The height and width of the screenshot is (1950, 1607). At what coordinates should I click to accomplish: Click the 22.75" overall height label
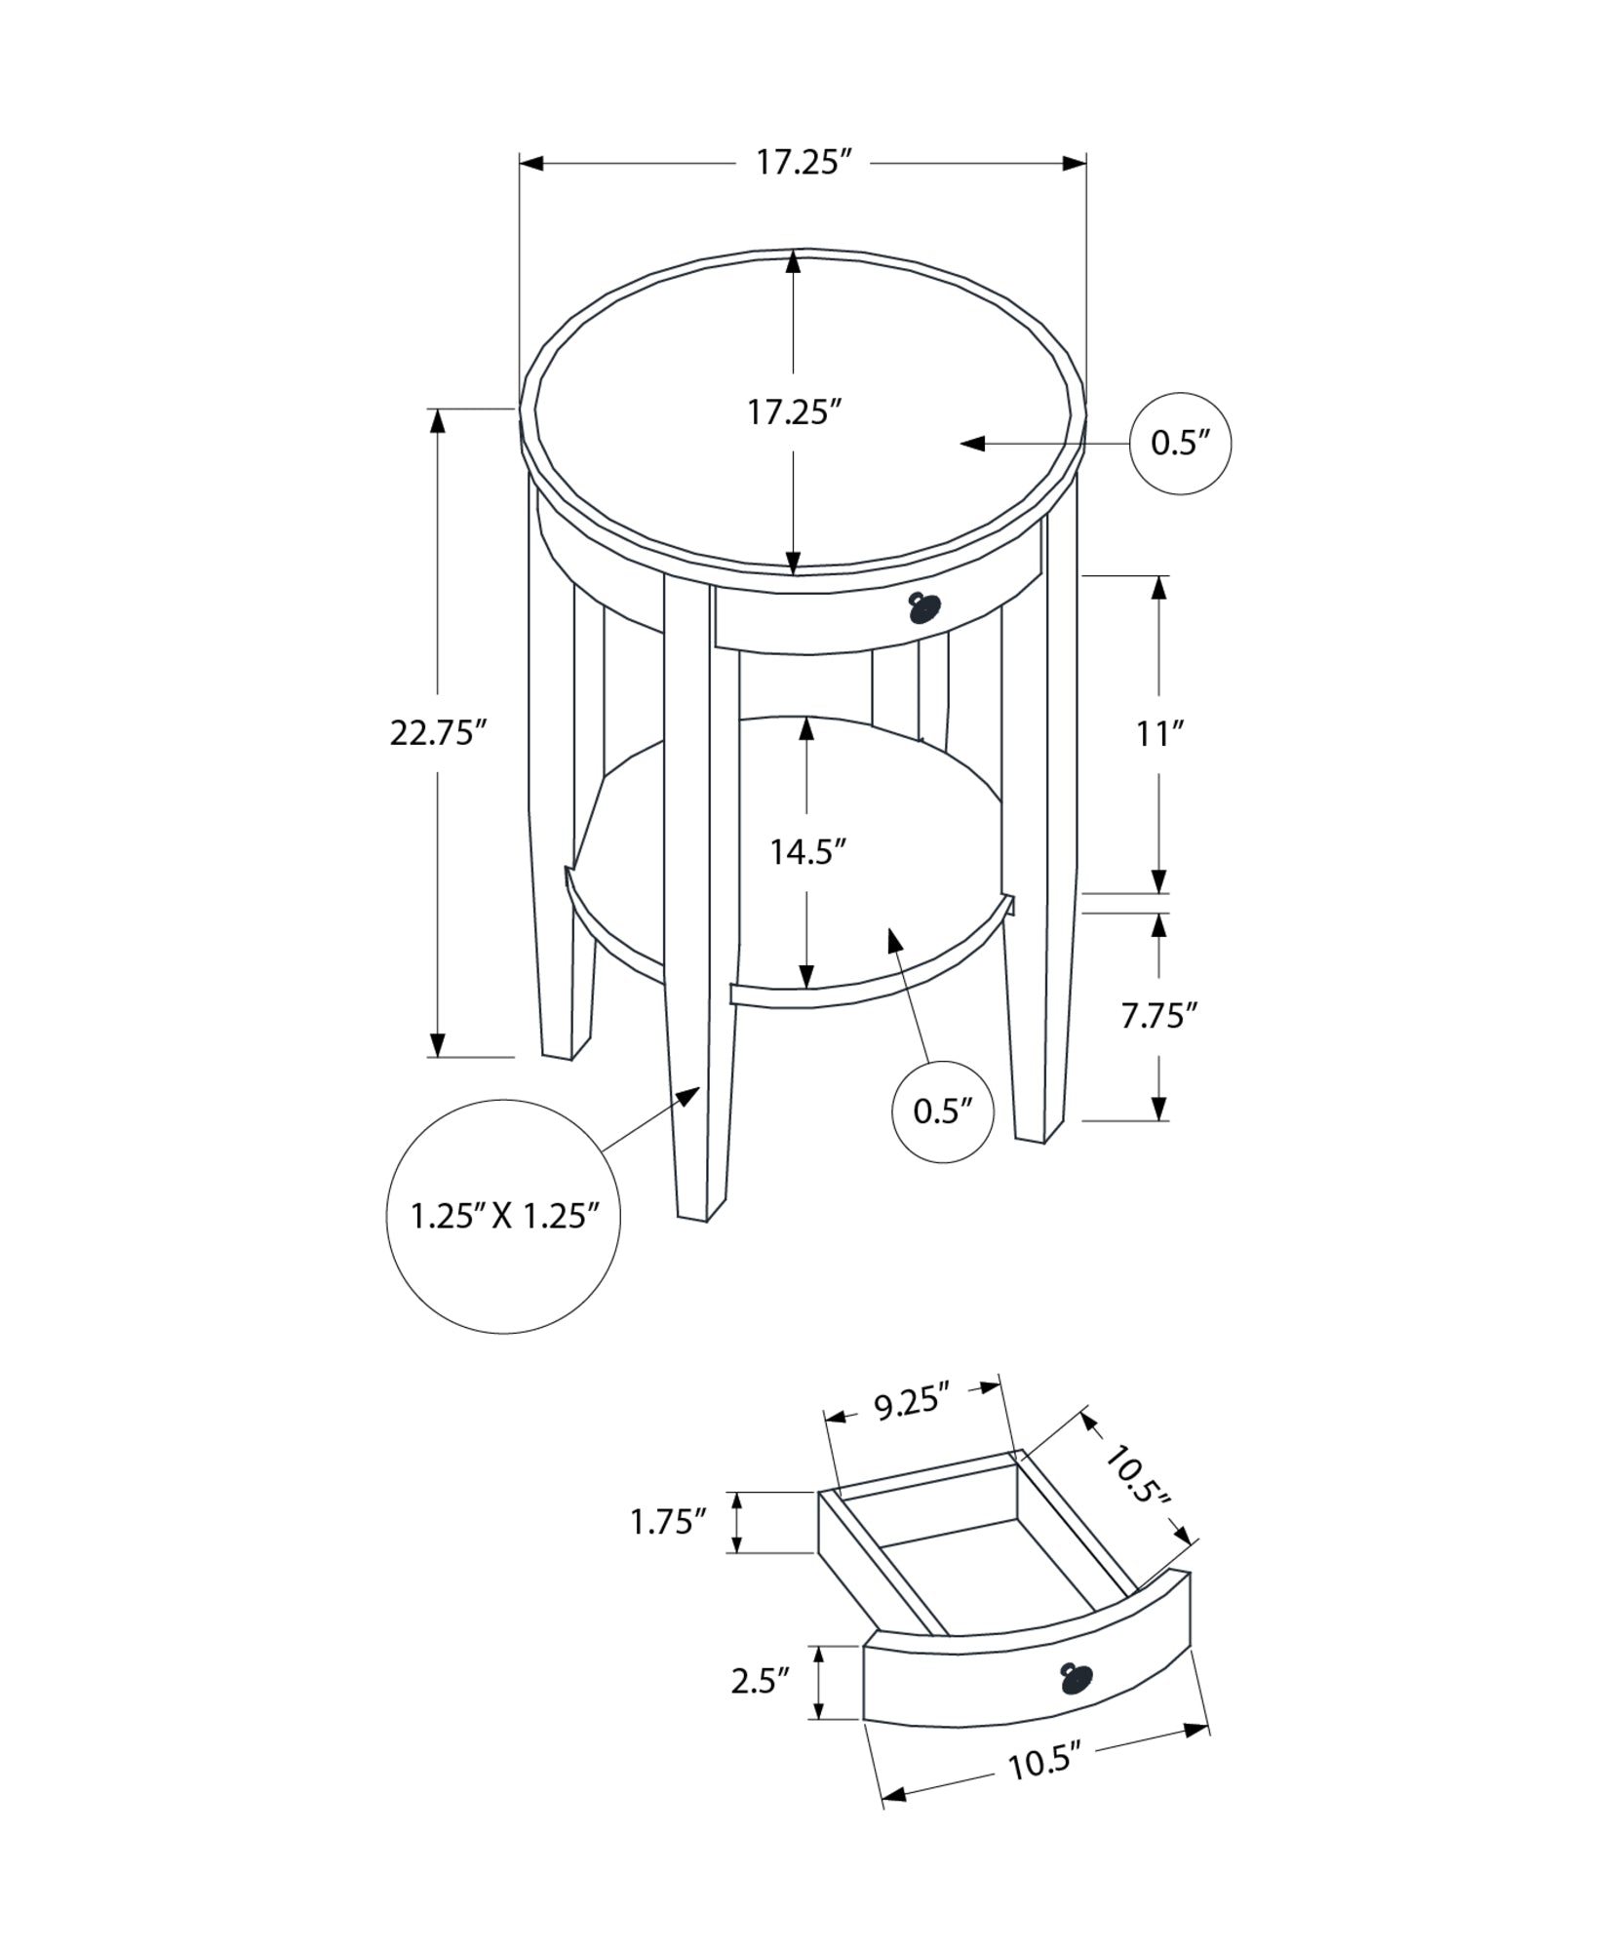438,732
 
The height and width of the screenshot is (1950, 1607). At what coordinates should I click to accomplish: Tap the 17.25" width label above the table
798,163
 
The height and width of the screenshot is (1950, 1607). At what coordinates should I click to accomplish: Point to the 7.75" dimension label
1158,1016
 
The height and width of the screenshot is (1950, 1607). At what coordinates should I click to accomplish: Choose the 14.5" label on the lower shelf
806,852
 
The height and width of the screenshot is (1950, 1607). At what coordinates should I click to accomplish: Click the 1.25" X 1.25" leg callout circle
503,1216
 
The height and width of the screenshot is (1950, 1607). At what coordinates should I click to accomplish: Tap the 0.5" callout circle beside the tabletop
1180,444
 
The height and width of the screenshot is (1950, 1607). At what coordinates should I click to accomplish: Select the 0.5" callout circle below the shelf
943,1111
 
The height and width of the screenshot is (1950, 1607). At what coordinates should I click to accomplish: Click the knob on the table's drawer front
923,607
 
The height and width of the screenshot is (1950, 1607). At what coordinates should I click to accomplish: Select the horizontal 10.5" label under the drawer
1045,1789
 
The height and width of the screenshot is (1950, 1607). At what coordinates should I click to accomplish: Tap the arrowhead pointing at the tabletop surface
971,445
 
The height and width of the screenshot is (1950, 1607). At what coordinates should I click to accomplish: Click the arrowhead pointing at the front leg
690,1095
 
